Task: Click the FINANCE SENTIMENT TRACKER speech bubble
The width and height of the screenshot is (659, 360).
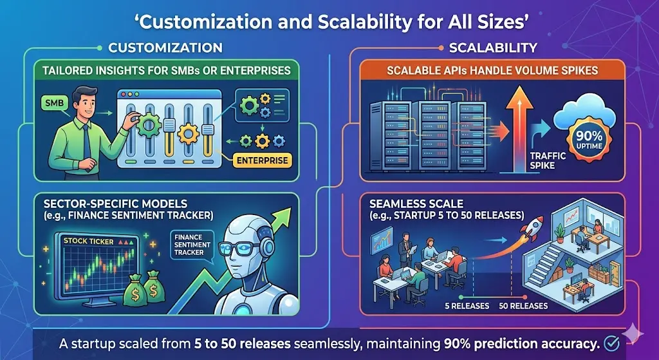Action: (x=188, y=245)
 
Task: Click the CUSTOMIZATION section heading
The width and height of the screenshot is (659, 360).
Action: (x=165, y=48)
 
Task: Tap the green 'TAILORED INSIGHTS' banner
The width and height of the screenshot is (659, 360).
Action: (x=167, y=70)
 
